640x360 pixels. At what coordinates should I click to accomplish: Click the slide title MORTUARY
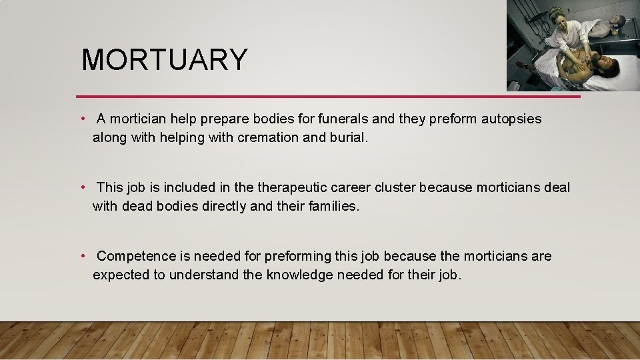pos(164,59)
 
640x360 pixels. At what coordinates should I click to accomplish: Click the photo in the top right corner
pos(573,45)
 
